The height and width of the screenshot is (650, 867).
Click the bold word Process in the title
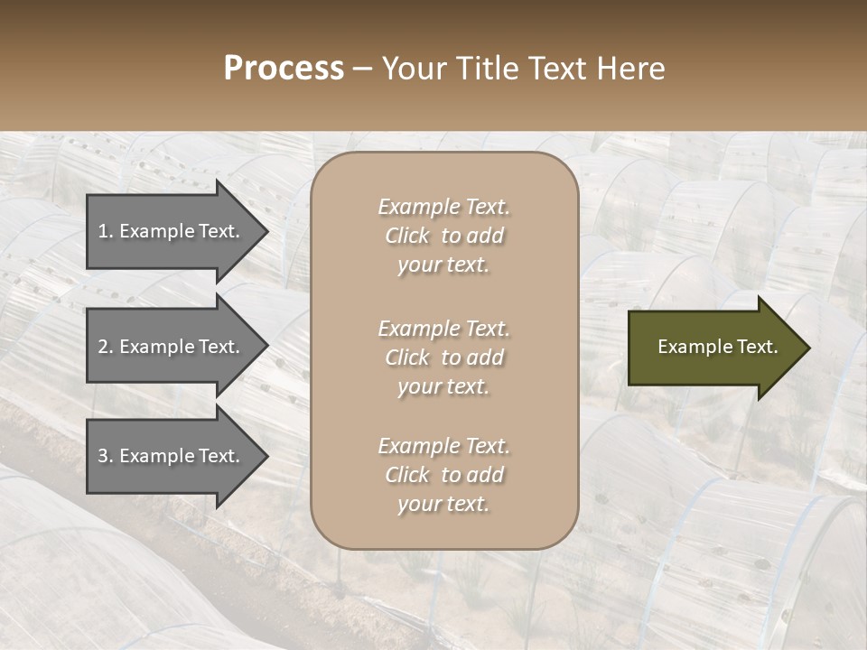(x=284, y=68)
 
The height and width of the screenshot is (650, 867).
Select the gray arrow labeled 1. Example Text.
(x=172, y=231)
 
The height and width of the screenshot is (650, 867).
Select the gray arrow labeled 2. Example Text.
(x=172, y=347)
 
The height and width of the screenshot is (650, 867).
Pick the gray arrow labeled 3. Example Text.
(x=172, y=456)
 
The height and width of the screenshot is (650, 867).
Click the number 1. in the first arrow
(x=106, y=231)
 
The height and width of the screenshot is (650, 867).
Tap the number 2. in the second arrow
(x=106, y=347)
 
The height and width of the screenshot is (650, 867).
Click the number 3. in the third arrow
(x=106, y=456)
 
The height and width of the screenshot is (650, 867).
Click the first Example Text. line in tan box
(x=443, y=207)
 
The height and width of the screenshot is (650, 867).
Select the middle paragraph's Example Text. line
(x=443, y=329)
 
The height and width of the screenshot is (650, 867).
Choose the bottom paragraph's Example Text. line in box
(x=443, y=446)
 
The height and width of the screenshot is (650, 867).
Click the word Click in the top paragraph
(x=407, y=236)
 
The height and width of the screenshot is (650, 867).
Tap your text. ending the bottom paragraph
(x=443, y=504)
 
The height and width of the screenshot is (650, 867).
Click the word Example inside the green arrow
(x=688, y=347)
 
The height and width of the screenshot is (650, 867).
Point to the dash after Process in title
(x=362, y=69)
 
